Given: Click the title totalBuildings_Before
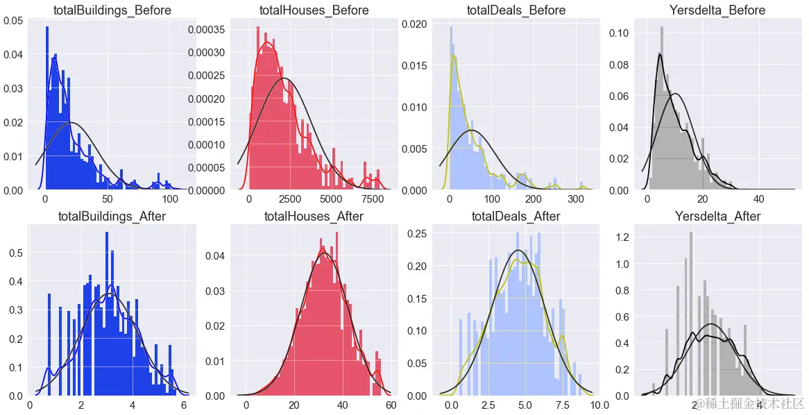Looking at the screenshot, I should (x=112, y=10).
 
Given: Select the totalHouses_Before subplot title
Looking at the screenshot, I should (x=314, y=10).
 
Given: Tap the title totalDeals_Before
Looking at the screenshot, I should (x=516, y=10).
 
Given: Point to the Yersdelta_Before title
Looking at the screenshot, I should (x=717, y=10).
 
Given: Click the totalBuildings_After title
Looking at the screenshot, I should (x=112, y=217).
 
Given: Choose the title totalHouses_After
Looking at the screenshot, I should (x=314, y=217).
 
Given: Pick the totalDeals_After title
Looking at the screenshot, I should (x=516, y=217).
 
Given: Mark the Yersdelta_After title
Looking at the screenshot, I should (x=717, y=217).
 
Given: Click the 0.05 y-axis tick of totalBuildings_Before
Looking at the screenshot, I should (x=12, y=21).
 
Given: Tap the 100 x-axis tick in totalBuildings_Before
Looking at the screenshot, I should (x=169, y=198).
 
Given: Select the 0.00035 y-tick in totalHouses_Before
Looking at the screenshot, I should (x=207, y=30).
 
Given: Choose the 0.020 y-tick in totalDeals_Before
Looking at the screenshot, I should (x=420, y=24).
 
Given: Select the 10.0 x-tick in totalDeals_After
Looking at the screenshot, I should (x=598, y=405).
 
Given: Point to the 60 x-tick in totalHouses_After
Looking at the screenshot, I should (x=390, y=405).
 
